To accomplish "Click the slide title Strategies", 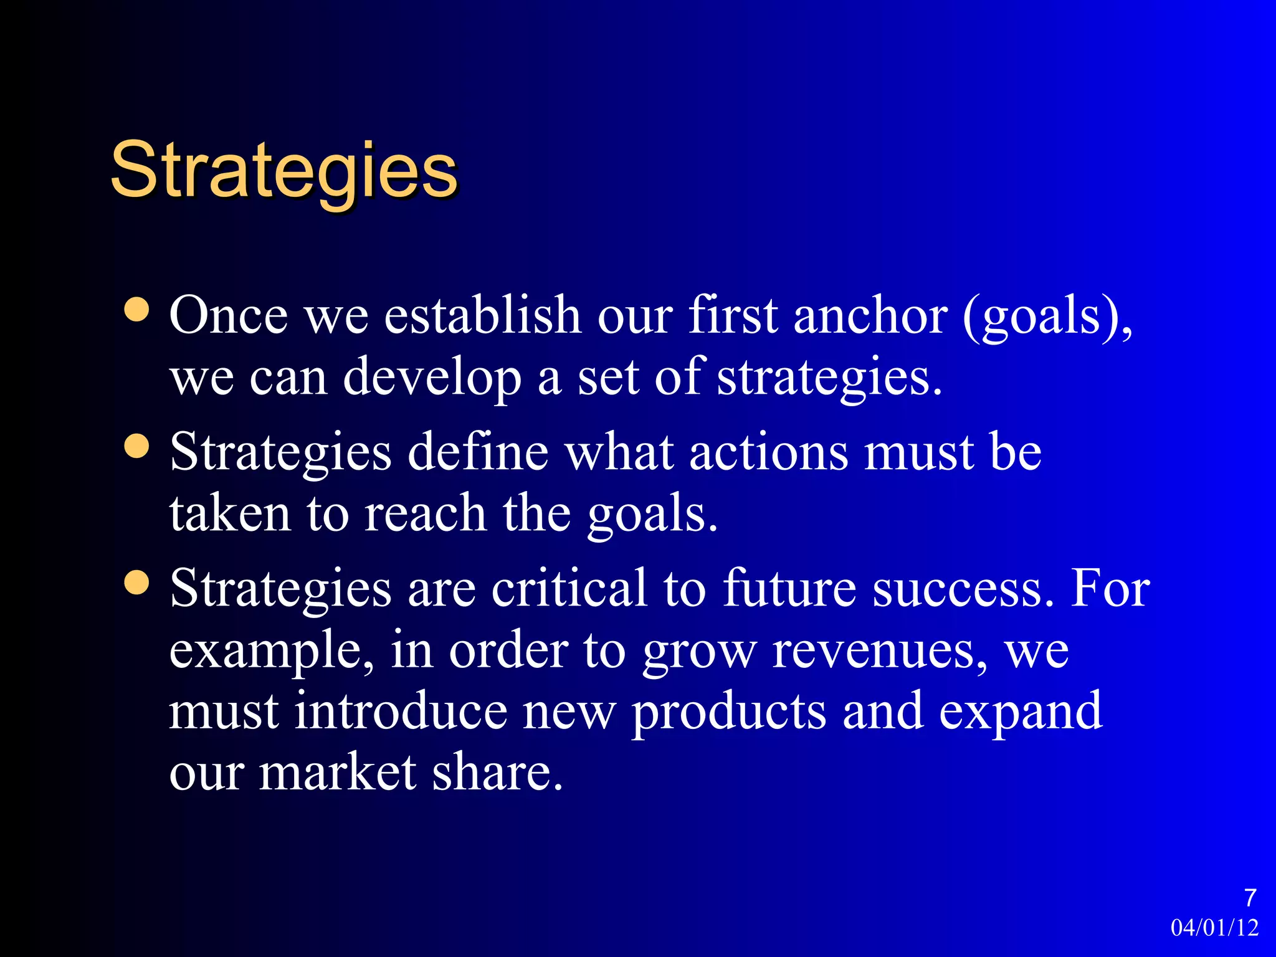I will (x=284, y=169).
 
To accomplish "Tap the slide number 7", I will (x=1250, y=898).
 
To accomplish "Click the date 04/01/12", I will (x=1214, y=928).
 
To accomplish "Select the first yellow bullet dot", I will (x=137, y=310).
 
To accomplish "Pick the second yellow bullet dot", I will (x=137, y=446).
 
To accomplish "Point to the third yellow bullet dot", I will (x=137, y=583).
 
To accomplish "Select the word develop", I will (x=432, y=378).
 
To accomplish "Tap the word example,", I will (x=272, y=651).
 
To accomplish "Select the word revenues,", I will (x=879, y=651).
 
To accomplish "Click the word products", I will (x=729, y=712).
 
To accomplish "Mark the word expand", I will (x=1020, y=712).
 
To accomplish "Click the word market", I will (x=337, y=773).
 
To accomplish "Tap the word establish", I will (x=482, y=315).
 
